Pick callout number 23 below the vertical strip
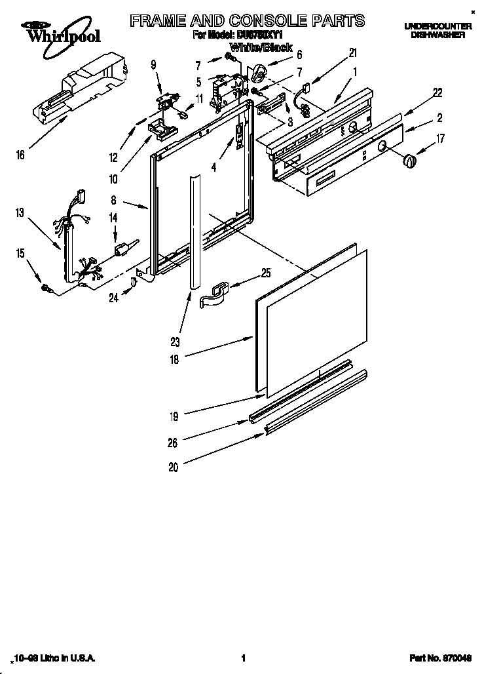pyautogui.click(x=176, y=341)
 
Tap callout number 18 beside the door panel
pyautogui.click(x=174, y=359)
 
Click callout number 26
pyautogui.click(x=173, y=443)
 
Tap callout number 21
pyautogui.click(x=353, y=52)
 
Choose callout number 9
pyautogui.click(x=153, y=64)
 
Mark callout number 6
pyautogui.click(x=299, y=54)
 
